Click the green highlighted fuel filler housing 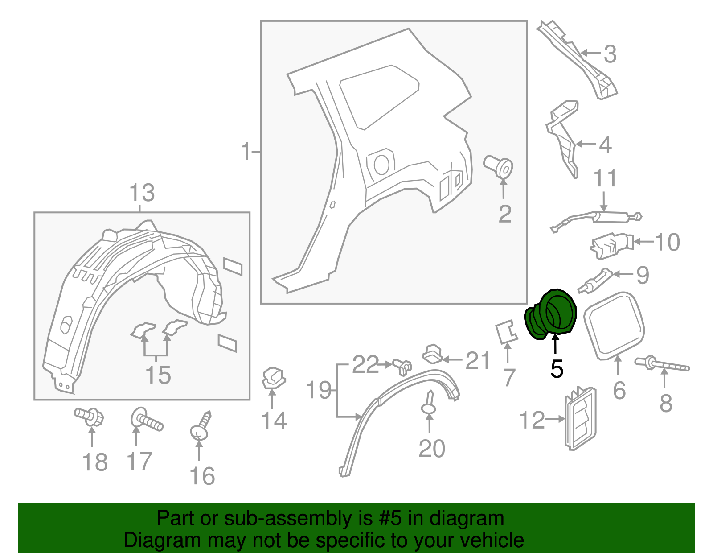pos(552,314)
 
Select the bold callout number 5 pos(557,369)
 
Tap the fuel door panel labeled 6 pos(614,325)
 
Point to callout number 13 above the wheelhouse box pos(142,193)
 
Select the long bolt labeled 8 pos(661,364)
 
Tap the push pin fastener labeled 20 pos(429,404)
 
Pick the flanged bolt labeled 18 pos(90,417)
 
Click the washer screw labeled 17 pos(146,420)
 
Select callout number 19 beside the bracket pos(319,390)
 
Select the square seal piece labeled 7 pos(507,332)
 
